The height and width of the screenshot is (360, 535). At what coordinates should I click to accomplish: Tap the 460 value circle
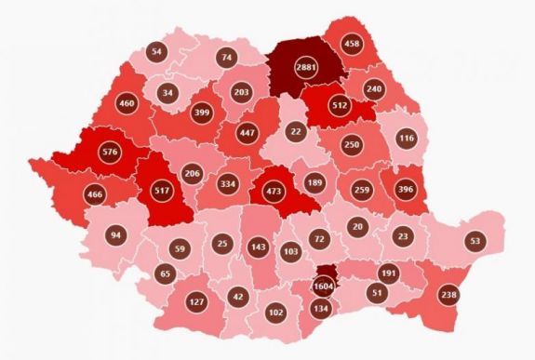tap(127, 103)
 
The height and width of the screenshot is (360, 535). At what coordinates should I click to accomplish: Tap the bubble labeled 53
tap(475, 240)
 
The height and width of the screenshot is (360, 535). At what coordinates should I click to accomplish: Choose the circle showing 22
tap(296, 133)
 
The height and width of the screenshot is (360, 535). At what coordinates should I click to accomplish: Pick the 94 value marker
tap(114, 235)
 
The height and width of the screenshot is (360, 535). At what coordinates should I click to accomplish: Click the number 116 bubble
tap(406, 139)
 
